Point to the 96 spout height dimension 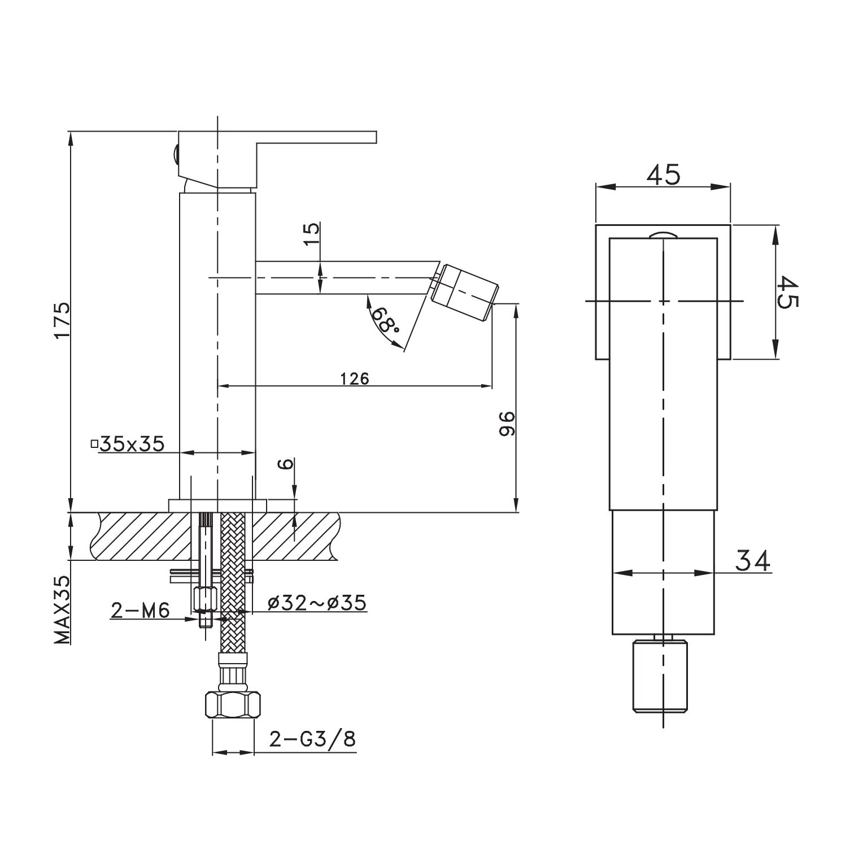click(507, 424)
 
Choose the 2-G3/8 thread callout click(312, 739)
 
